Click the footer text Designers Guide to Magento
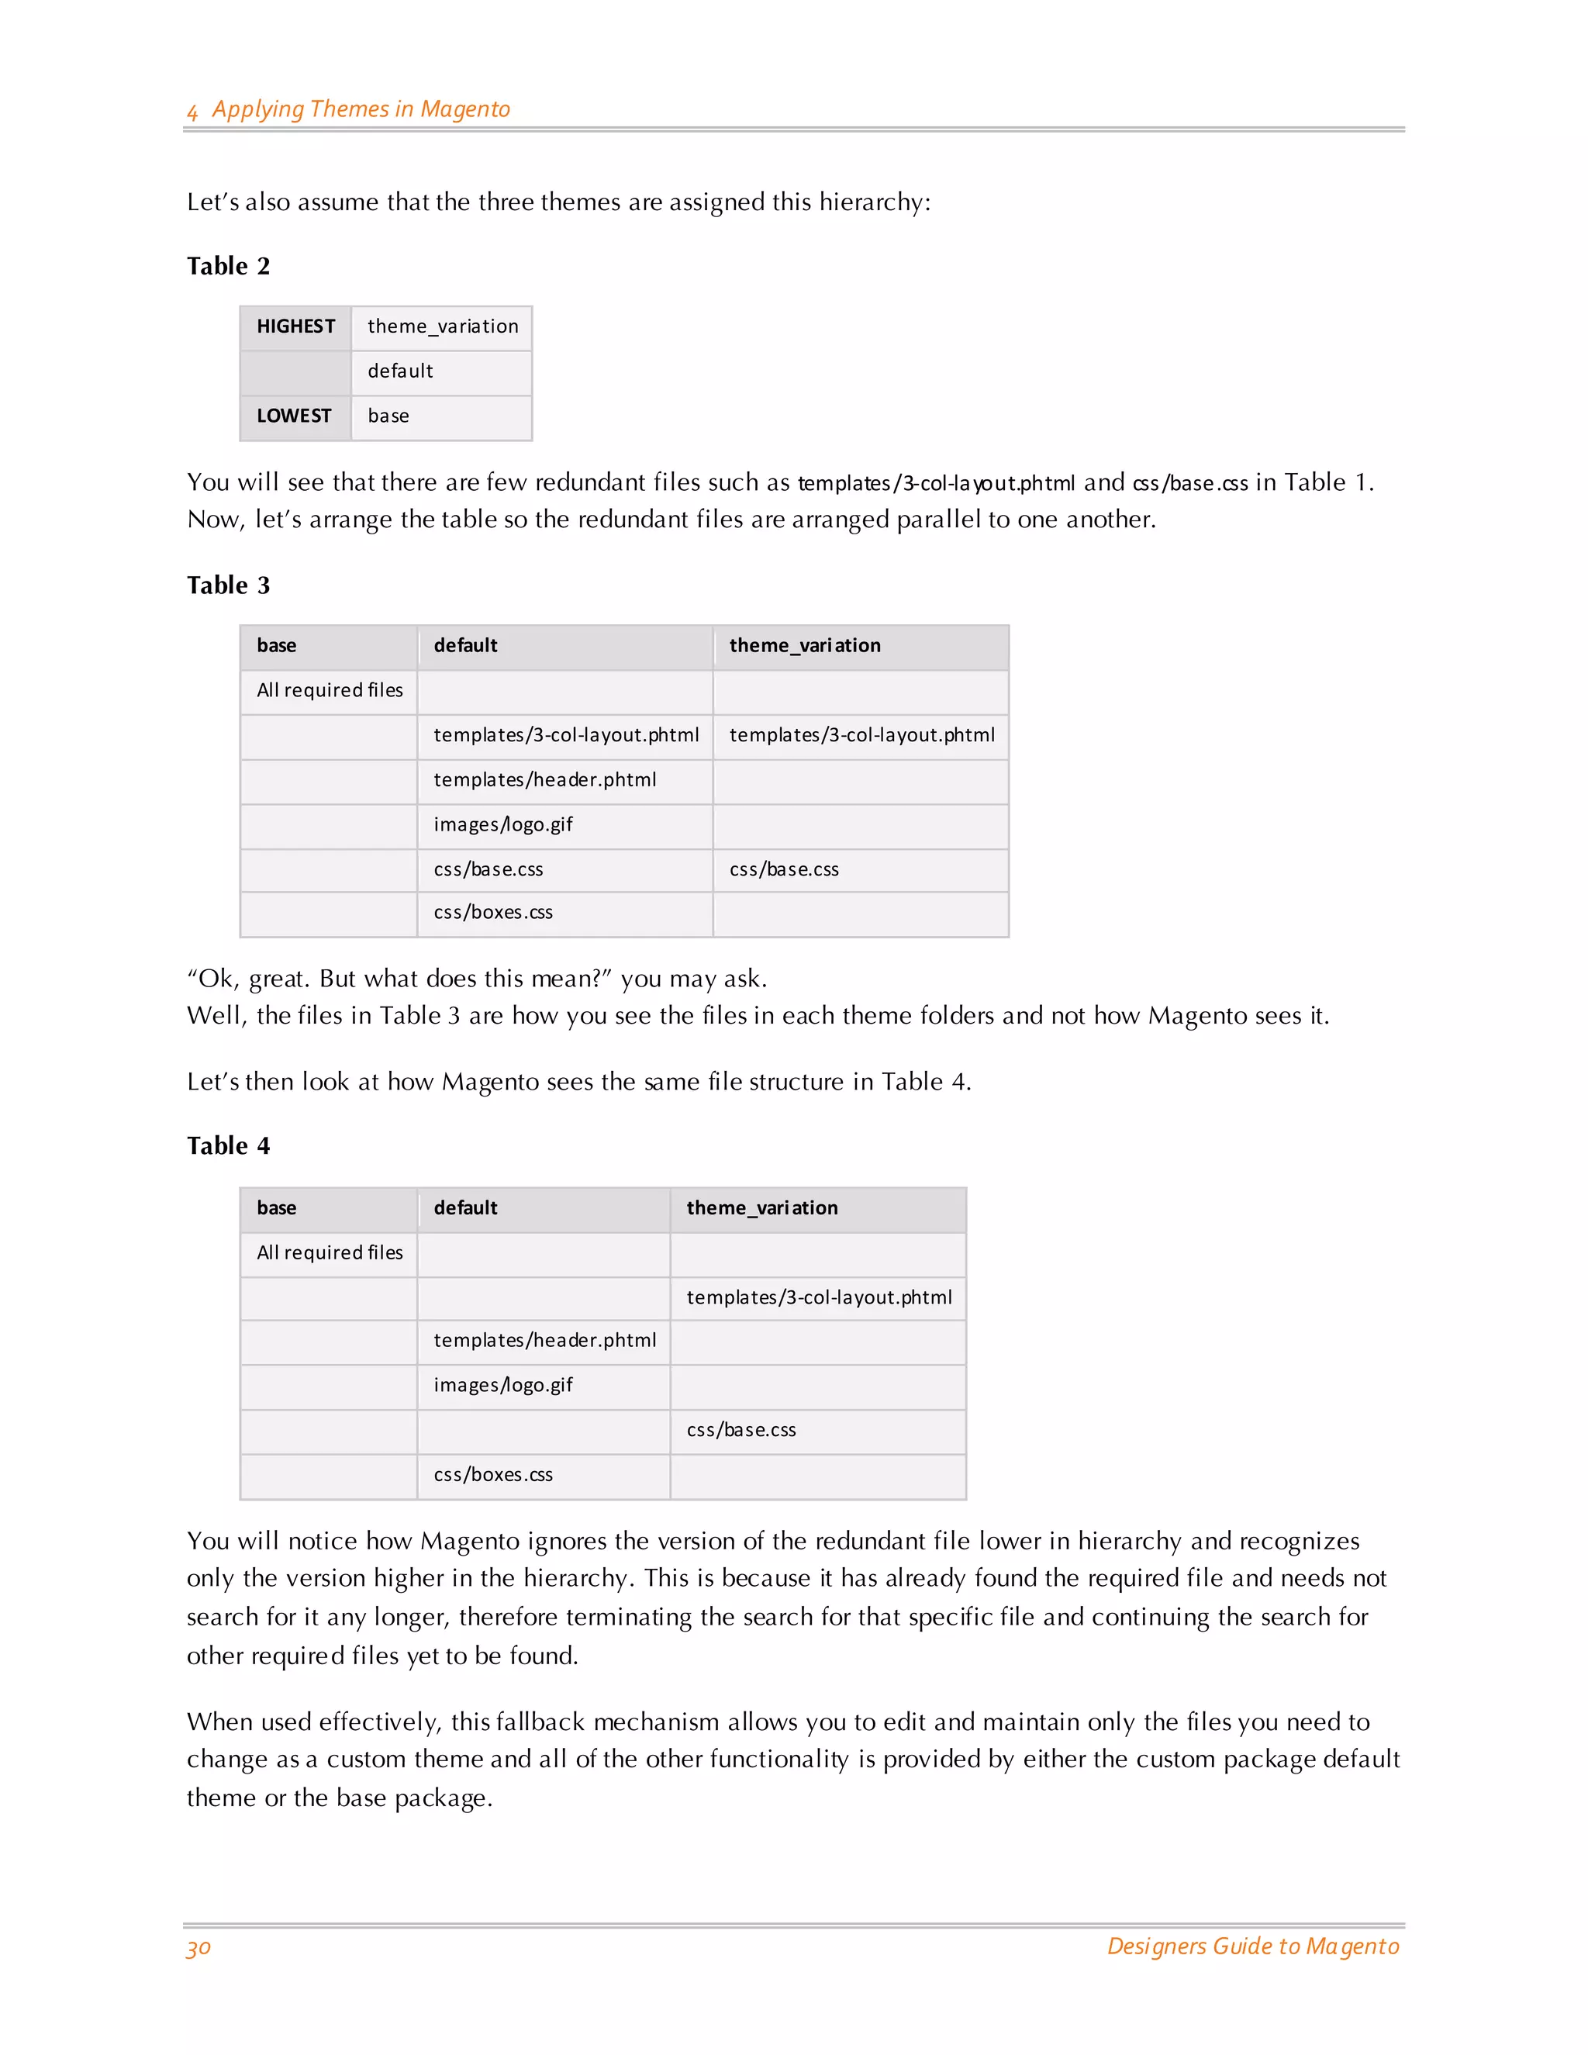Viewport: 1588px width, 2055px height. pos(1252,1946)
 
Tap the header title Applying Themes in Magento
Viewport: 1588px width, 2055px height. pos(361,109)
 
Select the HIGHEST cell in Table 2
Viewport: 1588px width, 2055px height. pos(295,326)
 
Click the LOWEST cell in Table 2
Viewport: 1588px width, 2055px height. pos(294,416)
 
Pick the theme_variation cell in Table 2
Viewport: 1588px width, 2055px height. pos(442,326)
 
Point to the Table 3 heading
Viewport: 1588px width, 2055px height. pos(229,585)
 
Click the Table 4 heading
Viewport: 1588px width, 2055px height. pos(229,1146)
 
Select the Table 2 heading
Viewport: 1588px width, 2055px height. pos(229,266)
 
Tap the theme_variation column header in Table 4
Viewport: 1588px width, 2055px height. pos(761,1208)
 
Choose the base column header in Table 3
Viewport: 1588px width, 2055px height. pos(277,645)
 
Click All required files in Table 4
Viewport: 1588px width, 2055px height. pos(330,1252)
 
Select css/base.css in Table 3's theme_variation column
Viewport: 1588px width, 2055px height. pos(784,869)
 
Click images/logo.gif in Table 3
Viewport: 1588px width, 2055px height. pos(502,825)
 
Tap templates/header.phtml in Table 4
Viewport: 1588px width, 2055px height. pos(544,1341)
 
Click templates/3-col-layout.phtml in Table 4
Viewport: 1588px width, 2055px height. pos(819,1297)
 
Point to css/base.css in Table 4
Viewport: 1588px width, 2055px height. pos(740,1430)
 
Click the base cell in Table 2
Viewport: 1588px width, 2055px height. pos(388,416)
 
